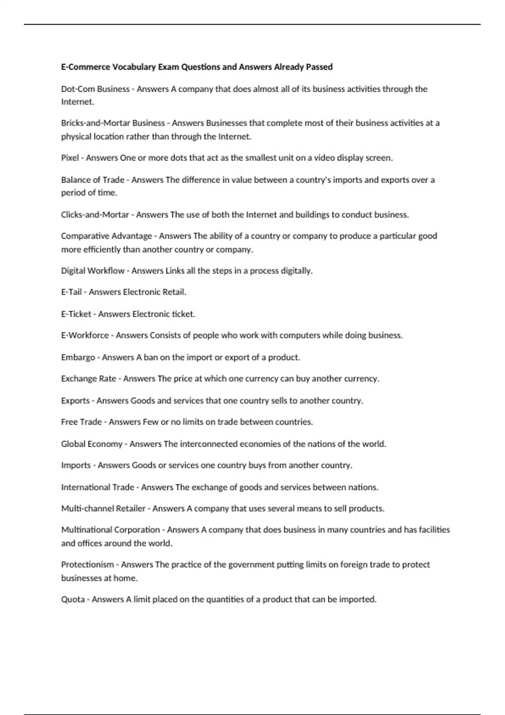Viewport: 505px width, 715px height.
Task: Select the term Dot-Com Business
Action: [x=95, y=89]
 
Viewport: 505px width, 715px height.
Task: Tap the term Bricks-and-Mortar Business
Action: [x=113, y=123]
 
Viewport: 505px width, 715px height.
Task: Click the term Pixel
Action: [x=70, y=158]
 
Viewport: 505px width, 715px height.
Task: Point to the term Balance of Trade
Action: [x=93, y=180]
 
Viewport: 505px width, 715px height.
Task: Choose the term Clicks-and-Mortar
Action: [x=95, y=214]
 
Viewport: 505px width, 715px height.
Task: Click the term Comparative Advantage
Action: [x=106, y=236]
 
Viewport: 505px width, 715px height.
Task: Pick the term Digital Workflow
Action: [x=93, y=271]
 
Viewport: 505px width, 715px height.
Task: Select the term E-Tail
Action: [x=71, y=292]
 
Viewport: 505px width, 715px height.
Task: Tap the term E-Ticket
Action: [x=76, y=314]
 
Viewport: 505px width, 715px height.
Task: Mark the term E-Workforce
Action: [x=85, y=336]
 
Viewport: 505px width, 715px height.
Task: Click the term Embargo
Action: [x=78, y=357]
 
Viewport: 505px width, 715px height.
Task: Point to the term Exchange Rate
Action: [x=88, y=379]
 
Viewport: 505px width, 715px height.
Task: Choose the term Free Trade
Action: [x=81, y=422]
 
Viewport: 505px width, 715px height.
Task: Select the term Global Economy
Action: [x=92, y=444]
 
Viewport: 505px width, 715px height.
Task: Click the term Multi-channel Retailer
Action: [x=103, y=508]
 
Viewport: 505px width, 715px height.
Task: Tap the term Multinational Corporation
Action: [x=110, y=530]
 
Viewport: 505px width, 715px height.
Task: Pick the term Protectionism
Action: [x=88, y=565]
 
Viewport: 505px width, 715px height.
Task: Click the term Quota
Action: [x=73, y=599]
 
